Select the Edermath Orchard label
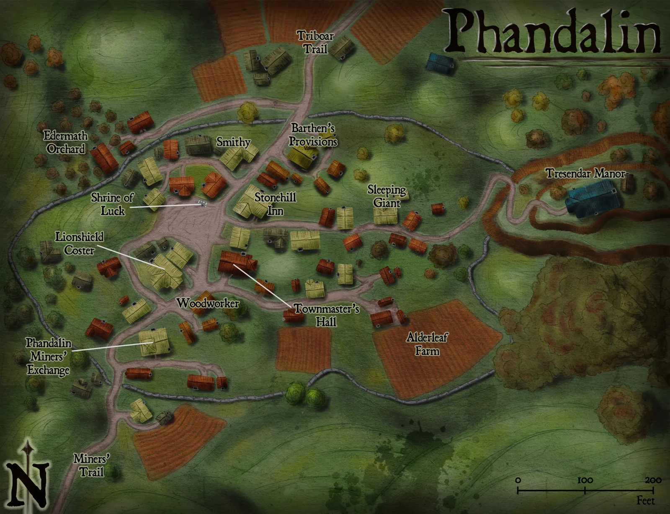pyautogui.click(x=66, y=142)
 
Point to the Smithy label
pyautogui.click(x=233, y=142)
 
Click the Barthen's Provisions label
pyautogui.click(x=313, y=135)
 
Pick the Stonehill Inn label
pyautogui.click(x=275, y=204)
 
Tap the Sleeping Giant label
pyautogui.click(x=387, y=196)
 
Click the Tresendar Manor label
pyautogui.click(x=585, y=173)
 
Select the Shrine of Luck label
pyautogui.click(x=112, y=204)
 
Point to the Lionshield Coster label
pyautogui.click(x=79, y=243)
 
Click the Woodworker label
pyautogui.click(x=208, y=303)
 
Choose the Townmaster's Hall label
pyautogui.click(x=326, y=315)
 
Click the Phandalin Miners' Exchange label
pyautogui.click(x=48, y=356)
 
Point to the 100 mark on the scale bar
pyautogui.click(x=585, y=480)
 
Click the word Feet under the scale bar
pyautogui.click(x=645, y=501)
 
